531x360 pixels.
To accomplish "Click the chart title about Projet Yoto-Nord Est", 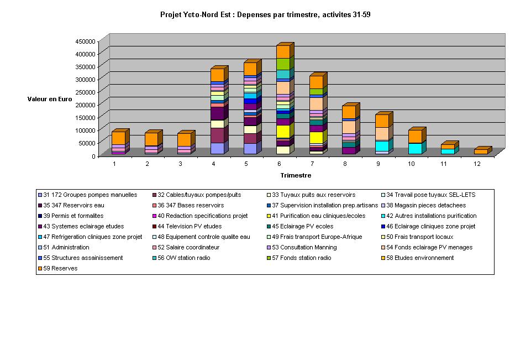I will click(x=265, y=15).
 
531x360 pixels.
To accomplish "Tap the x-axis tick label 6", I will click(x=280, y=164).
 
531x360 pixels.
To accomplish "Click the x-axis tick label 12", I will click(x=479, y=164).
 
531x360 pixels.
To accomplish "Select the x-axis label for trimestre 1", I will click(x=114, y=164).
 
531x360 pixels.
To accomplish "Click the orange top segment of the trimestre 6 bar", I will click(x=283, y=51).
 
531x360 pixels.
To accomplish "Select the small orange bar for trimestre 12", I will click(x=481, y=152).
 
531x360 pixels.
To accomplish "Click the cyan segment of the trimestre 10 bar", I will click(x=414, y=148).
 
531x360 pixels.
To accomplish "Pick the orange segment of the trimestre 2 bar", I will click(x=151, y=139).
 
